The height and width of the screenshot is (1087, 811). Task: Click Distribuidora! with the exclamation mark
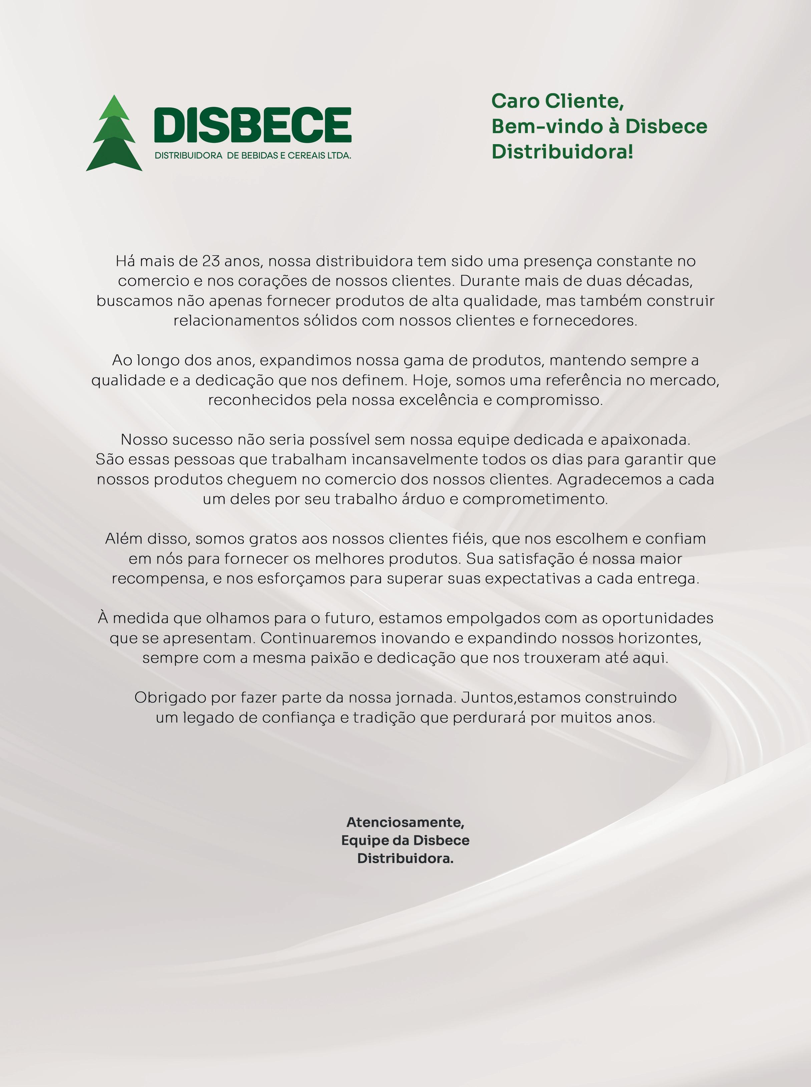(x=562, y=152)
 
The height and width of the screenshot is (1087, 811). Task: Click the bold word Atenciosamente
(x=405, y=822)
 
